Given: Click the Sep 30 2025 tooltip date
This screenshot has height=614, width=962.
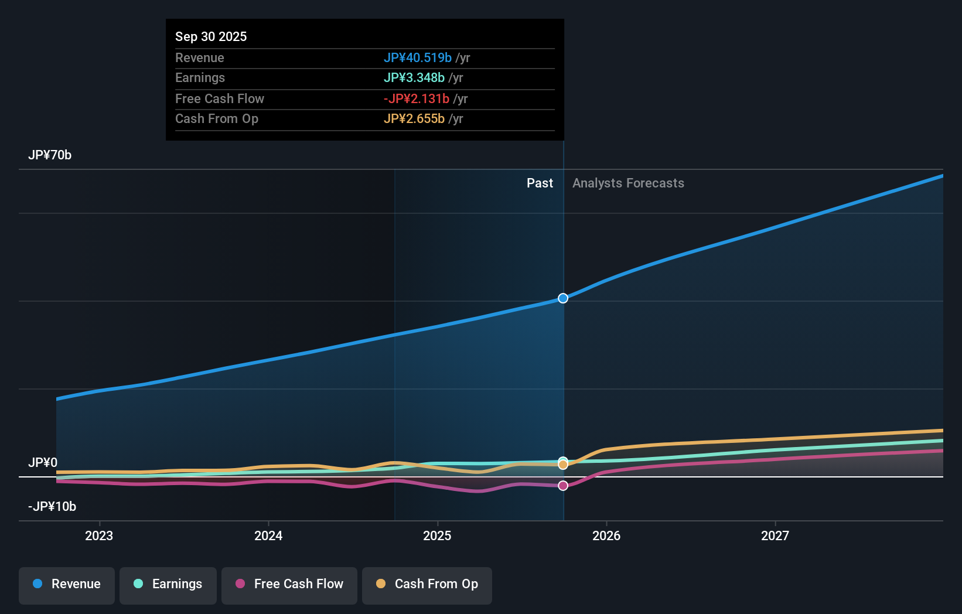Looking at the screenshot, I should click(x=211, y=36).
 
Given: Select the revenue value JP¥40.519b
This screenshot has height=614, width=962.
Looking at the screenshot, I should click(x=417, y=57).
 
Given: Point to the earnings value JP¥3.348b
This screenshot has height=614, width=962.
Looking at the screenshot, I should click(x=414, y=77).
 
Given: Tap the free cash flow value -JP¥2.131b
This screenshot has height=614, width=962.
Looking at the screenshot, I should click(x=416, y=98).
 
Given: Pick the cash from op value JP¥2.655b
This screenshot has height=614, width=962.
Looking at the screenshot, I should click(x=414, y=118).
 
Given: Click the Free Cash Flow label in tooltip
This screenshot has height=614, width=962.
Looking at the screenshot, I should click(x=220, y=98).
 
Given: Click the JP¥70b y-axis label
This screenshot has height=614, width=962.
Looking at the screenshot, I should click(x=50, y=155).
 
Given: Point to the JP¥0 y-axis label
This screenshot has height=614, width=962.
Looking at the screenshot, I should click(x=43, y=462).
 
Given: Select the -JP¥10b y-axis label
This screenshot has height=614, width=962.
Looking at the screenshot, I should click(x=52, y=506).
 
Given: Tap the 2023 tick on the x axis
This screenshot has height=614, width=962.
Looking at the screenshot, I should click(x=99, y=535).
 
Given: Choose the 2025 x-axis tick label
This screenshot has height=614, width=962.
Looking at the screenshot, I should click(x=437, y=535).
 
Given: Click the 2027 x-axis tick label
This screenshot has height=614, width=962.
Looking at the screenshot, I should click(x=775, y=535).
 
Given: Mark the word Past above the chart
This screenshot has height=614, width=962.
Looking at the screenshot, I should click(x=540, y=183).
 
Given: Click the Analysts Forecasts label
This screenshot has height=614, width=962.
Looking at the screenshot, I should click(x=628, y=183).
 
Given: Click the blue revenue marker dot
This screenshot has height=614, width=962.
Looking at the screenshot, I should click(x=563, y=298).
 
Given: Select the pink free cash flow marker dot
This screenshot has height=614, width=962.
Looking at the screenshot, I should click(x=563, y=486).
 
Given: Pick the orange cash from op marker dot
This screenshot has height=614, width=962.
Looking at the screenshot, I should click(x=563, y=465).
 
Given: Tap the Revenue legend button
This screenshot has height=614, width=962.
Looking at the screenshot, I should click(x=67, y=584).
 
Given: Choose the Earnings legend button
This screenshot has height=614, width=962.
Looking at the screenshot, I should click(x=168, y=584).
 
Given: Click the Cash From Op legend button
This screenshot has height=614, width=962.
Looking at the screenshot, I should click(x=427, y=584).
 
